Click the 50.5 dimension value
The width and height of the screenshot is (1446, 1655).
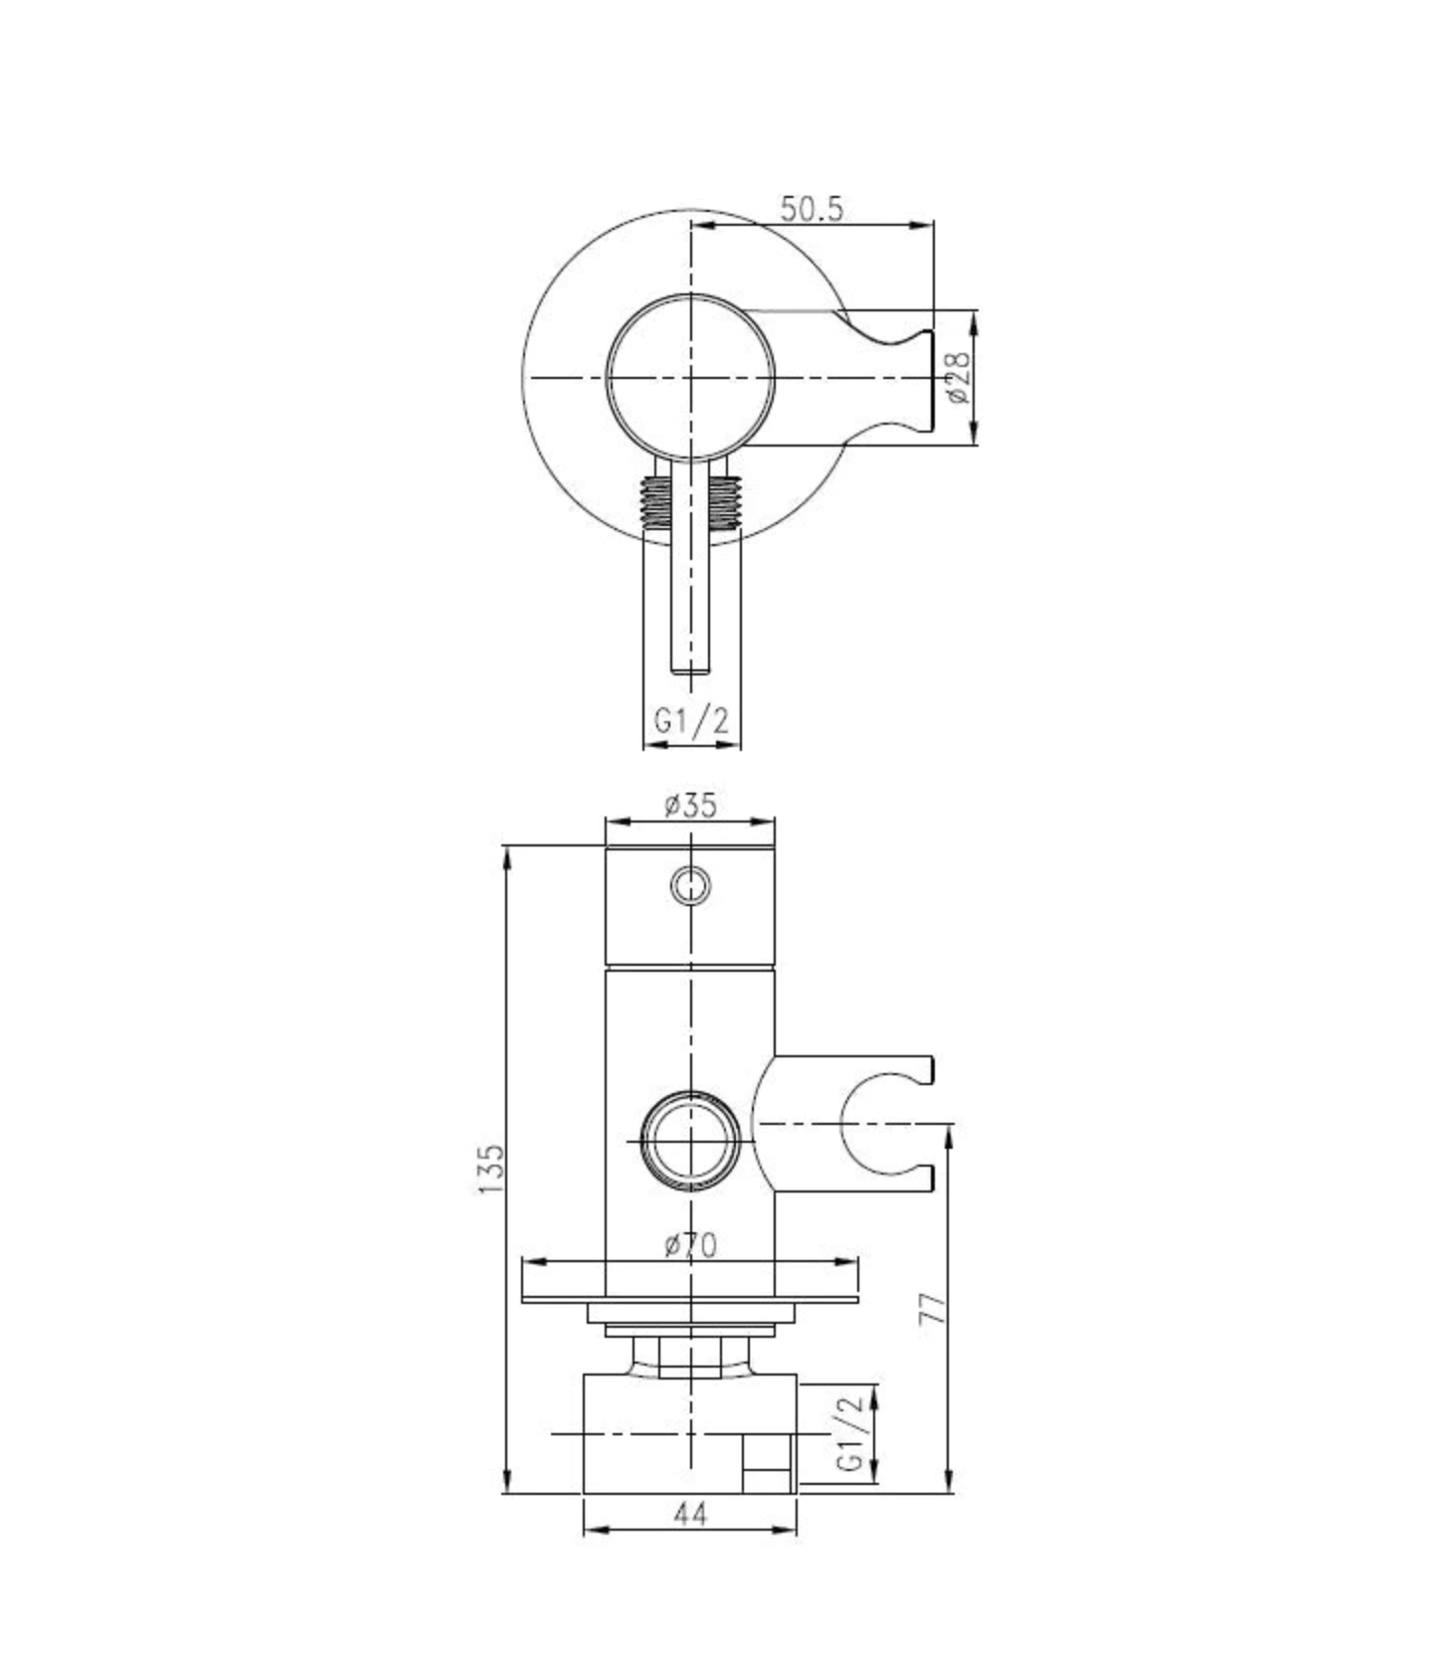coord(811,209)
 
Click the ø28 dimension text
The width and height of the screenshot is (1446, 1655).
coord(958,377)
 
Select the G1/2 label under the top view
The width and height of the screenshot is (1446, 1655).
coord(691,720)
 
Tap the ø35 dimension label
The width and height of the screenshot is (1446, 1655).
coord(690,805)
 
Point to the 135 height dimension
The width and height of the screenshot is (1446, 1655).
coord(491,1169)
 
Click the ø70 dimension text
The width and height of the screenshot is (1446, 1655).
coord(690,1244)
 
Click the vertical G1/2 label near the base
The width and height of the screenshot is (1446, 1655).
coord(850,1432)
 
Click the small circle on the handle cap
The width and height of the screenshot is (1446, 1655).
coord(690,884)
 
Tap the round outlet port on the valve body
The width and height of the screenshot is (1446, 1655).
coord(690,1139)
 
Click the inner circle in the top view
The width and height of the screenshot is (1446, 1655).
coord(690,378)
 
